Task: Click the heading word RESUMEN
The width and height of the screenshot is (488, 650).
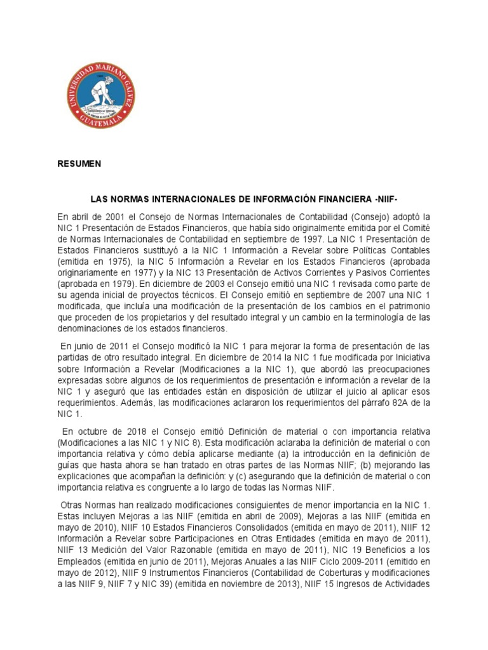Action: pyautogui.click(x=79, y=164)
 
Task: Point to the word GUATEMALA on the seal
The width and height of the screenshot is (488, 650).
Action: pyautogui.click(x=102, y=120)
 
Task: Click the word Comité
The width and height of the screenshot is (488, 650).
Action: pyautogui.click(x=416, y=228)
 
